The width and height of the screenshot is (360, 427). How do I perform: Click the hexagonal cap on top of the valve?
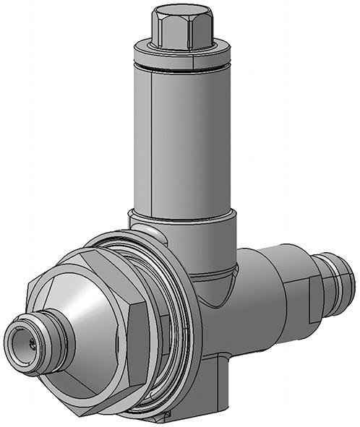[180, 33]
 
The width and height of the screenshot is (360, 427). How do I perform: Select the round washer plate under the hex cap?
[181, 51]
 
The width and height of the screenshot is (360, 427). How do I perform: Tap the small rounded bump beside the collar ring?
[145, 233]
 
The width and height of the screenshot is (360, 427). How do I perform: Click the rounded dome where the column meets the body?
[217, 278]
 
